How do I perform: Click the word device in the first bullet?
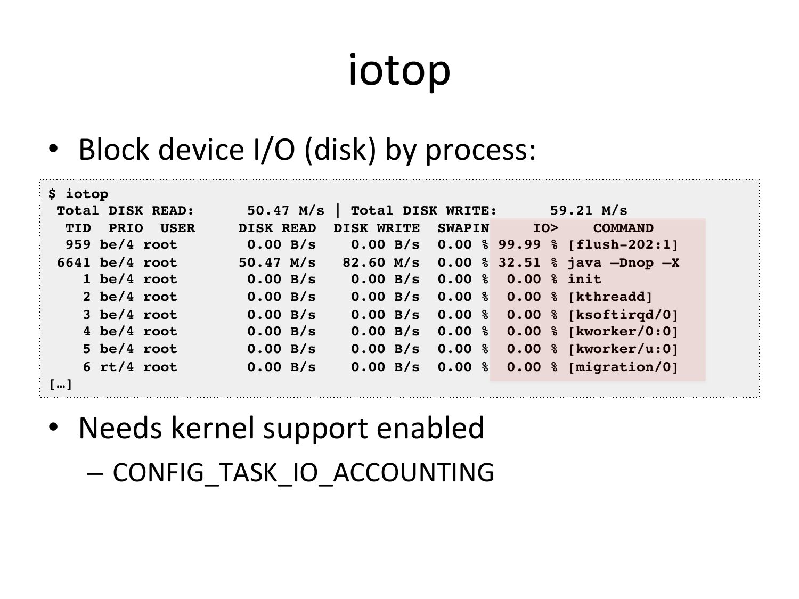(x=201, y=150)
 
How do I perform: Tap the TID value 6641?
(x=74, y=262)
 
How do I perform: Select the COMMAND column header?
(x=623, y=228)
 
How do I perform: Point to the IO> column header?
(x=545, y=228)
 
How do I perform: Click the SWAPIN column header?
(x=463, y=228)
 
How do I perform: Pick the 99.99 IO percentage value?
(x=519, y=244)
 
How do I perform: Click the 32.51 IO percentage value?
(x=519, y=262)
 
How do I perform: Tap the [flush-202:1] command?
(x=623, y=244)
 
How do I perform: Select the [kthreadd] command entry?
(x=610, y=297)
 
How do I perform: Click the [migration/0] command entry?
(x=623, y=367)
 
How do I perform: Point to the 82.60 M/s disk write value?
(x=381, y=262)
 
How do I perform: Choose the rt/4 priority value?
(x=117, y=367)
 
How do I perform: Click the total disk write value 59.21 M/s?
(x=589, y=210)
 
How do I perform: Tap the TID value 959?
(x=78, y=244)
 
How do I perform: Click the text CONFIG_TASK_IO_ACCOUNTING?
(x=303, y=472)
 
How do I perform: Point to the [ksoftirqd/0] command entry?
(x=623, y=315)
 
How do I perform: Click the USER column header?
(x=177, y=228)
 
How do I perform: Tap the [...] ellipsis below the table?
(x=60, y=384)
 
